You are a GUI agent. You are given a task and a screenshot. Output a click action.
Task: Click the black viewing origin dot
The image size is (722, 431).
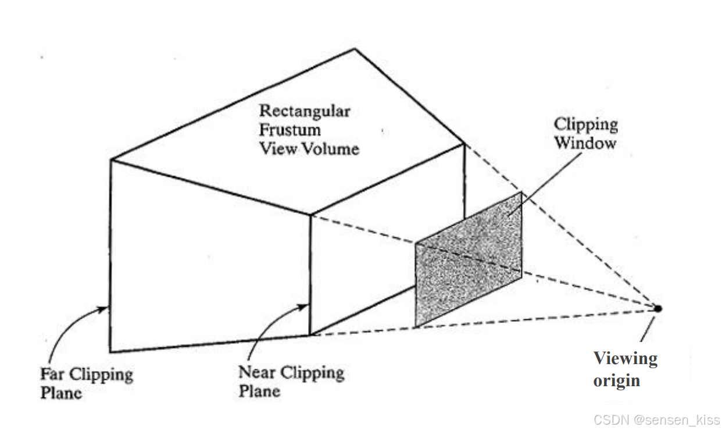pyautogui.click(x=658, y=308)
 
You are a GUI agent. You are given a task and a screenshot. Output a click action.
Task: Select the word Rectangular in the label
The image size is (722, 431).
pyautogui.click(x=305, y=111)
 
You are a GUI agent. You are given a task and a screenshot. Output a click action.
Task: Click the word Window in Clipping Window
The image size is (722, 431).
pyautogui.click(x=584, y=143)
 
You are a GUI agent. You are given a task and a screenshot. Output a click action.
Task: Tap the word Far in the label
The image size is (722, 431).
pyautogui.click(x=51, y=373)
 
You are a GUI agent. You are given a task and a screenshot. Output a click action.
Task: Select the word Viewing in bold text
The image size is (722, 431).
pyautogui.click(x=625, y=358)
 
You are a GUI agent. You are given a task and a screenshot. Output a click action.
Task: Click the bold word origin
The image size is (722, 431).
pyautogui.click(x=616, y=381)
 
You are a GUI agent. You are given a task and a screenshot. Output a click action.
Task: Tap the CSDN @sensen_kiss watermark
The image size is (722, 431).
pyautogui.click(x=657, y=419)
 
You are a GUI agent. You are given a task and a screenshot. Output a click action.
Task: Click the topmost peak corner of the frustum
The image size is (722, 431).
pyautogui.click(x=355, y=49)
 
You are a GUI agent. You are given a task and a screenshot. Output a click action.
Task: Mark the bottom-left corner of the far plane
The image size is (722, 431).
pyautogui.click(x=110, y=352)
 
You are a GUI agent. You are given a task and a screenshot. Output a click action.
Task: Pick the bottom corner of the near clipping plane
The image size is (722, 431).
pyautogui.click(x=310, y=335)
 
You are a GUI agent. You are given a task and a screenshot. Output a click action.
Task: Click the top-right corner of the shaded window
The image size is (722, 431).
pyautogui.click(x=521, y=193)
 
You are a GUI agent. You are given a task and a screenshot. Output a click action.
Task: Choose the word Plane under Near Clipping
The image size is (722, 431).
pyautogui.click(x=259, y=390)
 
